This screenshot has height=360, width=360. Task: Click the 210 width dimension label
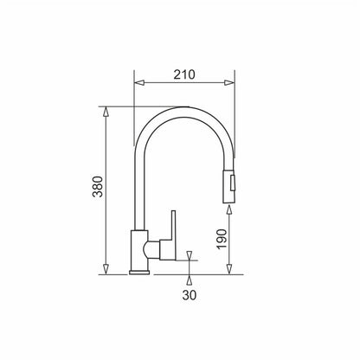tap(184, 74)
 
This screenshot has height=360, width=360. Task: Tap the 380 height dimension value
tap(98, 186)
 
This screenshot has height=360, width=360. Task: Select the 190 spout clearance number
tap(222, 239)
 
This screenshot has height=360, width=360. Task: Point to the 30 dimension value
tap(190, 295)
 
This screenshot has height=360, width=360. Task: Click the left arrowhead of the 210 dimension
tap(139, 83)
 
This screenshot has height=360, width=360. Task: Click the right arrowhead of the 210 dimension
tap(229, 83)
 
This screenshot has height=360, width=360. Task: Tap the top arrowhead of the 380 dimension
tap(106, 112)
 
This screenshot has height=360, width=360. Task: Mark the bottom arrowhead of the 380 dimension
tap(106, 269)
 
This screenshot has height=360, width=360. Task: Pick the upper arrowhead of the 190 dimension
tap(229, 209)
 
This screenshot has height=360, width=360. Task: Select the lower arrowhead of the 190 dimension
tap(229, 269)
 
